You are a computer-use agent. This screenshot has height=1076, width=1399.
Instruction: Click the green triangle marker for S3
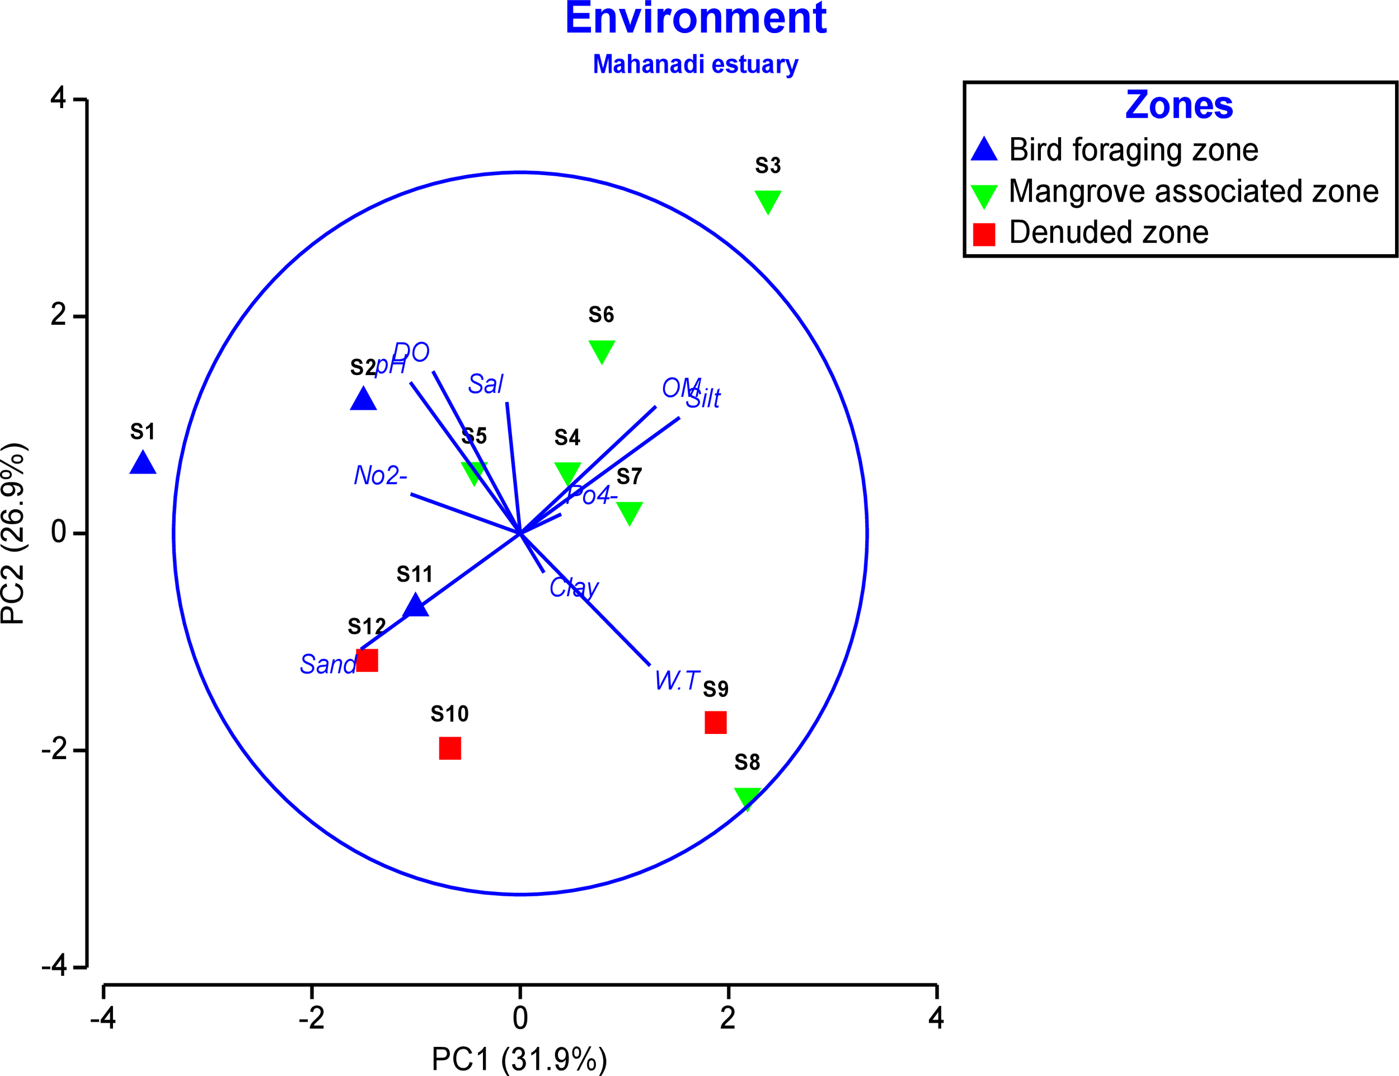coord(768,201)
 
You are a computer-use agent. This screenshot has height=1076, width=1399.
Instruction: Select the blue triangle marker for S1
coord(143,463)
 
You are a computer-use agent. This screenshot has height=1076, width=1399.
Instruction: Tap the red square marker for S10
coord(449,748)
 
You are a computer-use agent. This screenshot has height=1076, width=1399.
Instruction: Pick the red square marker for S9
coord(715,722)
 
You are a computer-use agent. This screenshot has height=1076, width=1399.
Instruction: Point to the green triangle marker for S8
coord(747,798)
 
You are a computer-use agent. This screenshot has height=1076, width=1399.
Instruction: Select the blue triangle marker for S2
coord(363,400)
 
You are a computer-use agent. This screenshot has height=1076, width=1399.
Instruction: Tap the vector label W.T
coord(677,680)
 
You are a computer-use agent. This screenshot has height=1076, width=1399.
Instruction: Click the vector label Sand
coord(328,664)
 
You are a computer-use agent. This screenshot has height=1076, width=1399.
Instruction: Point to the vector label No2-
coord(381,475)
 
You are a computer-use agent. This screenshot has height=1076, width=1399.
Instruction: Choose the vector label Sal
coord(485,384)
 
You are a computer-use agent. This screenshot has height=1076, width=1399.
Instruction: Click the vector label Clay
coord(574,587)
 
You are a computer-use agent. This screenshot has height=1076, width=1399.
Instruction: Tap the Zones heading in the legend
coord(1179,106)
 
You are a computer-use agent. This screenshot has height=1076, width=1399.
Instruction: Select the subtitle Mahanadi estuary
coord(696,64)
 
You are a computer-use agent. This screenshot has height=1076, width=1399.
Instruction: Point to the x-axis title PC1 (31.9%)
coord(519,1059)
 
